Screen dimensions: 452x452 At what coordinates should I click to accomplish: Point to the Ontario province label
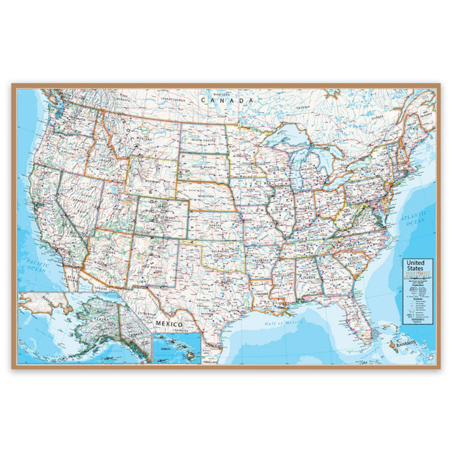304,107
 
